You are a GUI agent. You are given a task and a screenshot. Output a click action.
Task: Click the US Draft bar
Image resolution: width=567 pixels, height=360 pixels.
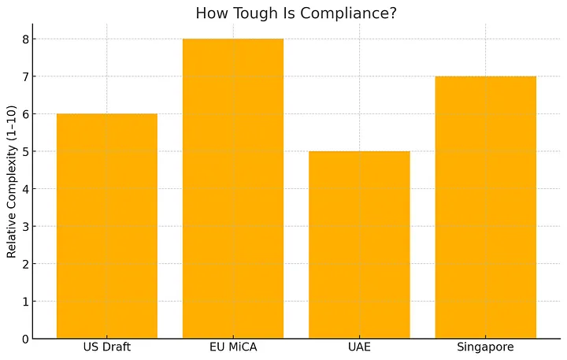[107, 226]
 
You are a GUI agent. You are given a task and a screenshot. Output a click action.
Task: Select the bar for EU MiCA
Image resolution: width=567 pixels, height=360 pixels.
[233, 189]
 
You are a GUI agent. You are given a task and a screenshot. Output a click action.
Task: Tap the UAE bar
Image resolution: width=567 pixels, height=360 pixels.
[359, 245]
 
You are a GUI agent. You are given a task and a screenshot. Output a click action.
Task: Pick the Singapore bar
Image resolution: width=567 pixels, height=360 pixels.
[485, 207]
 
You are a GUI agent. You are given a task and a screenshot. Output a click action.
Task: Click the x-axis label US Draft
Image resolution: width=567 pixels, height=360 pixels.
[107, 347]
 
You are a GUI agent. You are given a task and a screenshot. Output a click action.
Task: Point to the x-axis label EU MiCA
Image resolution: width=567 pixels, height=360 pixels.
[233, 347]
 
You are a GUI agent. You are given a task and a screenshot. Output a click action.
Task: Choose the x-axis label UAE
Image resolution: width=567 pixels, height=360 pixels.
[359, 347]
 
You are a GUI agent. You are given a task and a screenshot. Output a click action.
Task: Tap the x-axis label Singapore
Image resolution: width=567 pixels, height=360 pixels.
[485, 347]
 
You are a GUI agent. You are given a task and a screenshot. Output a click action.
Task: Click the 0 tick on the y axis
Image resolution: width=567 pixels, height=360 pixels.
[25, 339]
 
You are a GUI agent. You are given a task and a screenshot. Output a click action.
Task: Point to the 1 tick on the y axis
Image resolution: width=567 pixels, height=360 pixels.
[25, 302]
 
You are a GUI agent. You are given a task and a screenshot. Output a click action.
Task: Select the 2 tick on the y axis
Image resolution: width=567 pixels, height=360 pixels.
[25, 264]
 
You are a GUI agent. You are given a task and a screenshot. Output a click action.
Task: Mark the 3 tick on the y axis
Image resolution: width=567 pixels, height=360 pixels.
[25, 227]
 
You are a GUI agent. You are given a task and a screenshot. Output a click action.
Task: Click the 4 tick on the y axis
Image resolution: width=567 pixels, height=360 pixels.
[25, 189]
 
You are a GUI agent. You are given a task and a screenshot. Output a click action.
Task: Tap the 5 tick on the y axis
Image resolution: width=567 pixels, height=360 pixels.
[25, 151]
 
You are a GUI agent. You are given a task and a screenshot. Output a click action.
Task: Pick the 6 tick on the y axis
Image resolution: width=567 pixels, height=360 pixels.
[25, 114]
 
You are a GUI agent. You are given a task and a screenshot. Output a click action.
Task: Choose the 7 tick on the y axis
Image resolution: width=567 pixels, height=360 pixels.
[25, 76]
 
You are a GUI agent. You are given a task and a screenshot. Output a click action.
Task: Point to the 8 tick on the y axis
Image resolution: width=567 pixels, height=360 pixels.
[25, 39]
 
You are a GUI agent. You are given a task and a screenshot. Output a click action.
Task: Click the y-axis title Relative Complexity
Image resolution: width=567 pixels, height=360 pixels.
[11, 189]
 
